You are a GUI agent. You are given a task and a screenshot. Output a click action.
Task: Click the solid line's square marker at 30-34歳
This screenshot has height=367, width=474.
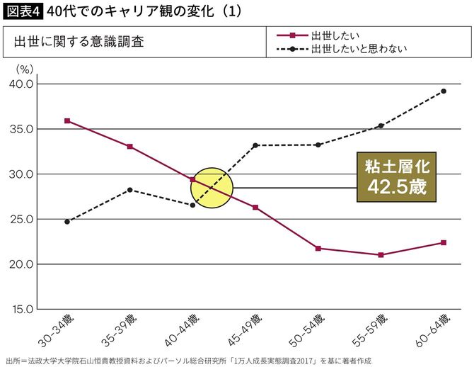click(x=67, y=121)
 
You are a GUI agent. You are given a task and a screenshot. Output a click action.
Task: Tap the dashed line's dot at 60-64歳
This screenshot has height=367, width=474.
click(x=444, y=91)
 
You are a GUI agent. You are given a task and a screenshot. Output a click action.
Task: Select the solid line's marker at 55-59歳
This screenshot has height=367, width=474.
click(x=381, y=255)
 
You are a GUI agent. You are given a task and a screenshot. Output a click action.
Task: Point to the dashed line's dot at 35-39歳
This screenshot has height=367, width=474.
click(x=130, y=190)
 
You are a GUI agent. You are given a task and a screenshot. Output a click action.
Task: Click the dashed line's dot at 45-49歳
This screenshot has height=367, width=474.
click(x=255, y=145)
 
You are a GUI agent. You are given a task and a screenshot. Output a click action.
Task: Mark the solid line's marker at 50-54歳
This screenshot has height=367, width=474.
click(x=318, y=249)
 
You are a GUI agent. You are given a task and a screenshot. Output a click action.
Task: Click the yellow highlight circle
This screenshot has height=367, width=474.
click(x=212, y=188)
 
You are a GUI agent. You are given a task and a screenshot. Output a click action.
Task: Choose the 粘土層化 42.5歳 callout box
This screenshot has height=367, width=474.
click(x=395, y=178)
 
